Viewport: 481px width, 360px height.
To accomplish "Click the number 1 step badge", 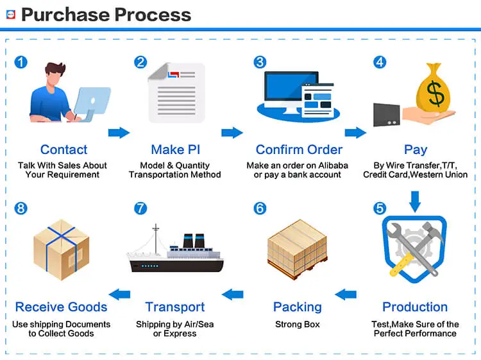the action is (x=21, y=62).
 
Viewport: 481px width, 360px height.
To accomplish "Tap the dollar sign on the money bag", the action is (x=435, y=93).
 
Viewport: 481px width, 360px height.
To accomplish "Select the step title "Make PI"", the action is (x=176, y=150).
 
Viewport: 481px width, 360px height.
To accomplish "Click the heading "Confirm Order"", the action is (x=299, y=150).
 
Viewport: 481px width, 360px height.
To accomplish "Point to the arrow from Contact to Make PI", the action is (x=119, y=133).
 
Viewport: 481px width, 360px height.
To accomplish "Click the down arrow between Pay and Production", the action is (x=415, y=201).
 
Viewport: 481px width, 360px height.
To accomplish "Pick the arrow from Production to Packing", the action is (x=346, y=295).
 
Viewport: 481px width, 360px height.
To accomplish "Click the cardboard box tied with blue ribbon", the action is (x=62, y=250).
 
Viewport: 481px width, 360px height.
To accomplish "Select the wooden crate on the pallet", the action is (x=297, y=249).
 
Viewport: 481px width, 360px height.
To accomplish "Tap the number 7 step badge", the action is (x=140, y=208).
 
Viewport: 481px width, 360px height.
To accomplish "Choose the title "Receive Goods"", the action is (x=61, y=307).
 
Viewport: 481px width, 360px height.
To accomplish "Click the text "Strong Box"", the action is (x=297, y=324).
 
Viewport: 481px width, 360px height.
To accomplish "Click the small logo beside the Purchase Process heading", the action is (x=11, y=14).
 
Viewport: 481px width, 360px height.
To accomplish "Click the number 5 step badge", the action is (x=380, y=208).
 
